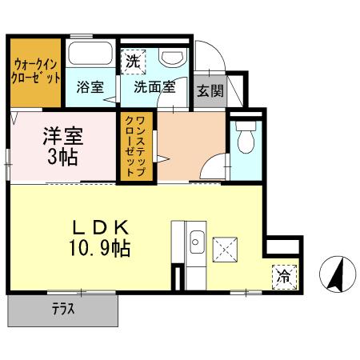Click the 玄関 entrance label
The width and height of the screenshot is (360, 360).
[211, 90]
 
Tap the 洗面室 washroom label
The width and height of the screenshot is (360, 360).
[154, 86]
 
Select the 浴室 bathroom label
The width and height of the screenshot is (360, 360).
[90, 86]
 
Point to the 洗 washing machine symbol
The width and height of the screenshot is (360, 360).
[133, 59]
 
